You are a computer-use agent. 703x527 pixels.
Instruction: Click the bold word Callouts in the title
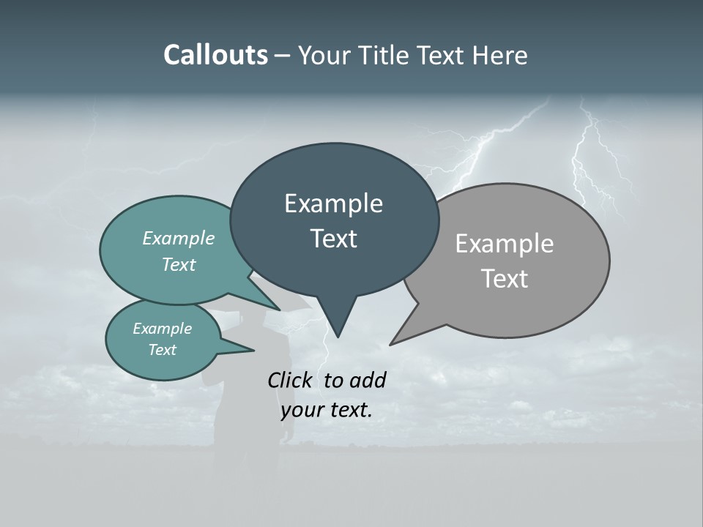[215, 55]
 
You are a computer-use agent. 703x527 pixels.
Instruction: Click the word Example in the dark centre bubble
[333, 203]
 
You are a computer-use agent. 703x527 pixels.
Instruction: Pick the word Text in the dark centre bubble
[333, 239]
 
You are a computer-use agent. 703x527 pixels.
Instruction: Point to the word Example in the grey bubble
[505, 244]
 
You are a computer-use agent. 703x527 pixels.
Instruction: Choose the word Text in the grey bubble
[505, 279]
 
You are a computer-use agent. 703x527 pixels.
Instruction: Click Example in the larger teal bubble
[179, 239]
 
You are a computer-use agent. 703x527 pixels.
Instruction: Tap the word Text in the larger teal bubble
[179, 264]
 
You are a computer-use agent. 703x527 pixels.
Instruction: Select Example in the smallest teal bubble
[162, 329]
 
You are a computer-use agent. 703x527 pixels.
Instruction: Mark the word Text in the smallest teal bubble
[162, 350]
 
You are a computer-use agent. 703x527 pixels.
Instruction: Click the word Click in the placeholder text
[291, 380]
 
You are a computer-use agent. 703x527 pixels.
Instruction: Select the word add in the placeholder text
[368, 380]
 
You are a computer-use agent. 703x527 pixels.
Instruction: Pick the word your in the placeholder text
[297, 410]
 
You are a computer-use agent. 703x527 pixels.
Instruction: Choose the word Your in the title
[323, 55]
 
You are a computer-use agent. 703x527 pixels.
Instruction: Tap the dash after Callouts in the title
[283, 55]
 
